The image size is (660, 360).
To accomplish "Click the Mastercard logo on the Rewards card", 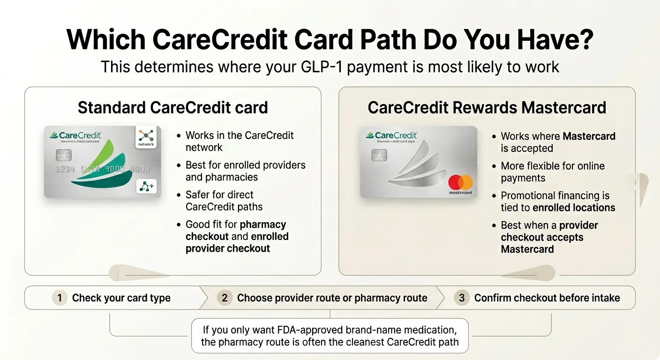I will (x=460, y=182).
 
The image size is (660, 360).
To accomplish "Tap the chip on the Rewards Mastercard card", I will (x=379, y=155).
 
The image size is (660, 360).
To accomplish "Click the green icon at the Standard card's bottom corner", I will (x=146, y=186).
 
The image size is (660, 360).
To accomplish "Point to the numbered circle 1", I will (x=60, y=298).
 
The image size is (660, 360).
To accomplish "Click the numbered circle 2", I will (x=225, y=298).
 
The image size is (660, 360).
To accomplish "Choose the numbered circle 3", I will (x=462, y=298).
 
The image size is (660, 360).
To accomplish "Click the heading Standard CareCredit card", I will (x=172, y=107).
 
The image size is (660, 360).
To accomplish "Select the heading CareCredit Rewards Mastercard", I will (x=487, y=107).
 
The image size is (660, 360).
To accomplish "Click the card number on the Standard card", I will (x=102, y=169).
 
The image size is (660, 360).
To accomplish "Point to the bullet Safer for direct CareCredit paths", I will (x=224, y=201).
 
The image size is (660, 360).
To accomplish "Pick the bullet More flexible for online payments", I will (x=553, y=172).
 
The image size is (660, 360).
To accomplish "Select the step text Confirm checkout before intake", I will (x=547, y=298).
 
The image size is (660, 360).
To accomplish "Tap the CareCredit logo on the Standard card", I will (x=75, y=135).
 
